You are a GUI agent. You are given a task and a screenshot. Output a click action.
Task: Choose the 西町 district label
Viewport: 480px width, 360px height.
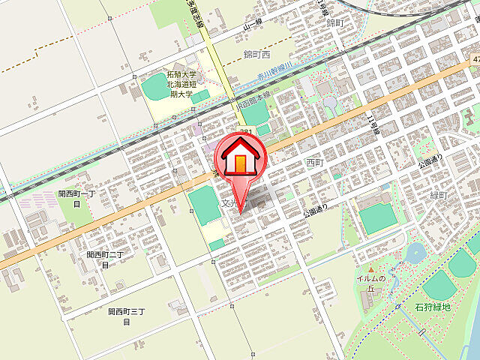(x=314, y=161)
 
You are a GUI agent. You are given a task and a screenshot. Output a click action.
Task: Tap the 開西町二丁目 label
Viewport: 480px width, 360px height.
(x=104, y=259)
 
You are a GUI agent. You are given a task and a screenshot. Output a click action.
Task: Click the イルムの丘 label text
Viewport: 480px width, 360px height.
(x=370, y=284)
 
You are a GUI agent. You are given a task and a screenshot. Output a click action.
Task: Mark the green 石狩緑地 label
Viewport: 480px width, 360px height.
(x=433, y=307)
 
